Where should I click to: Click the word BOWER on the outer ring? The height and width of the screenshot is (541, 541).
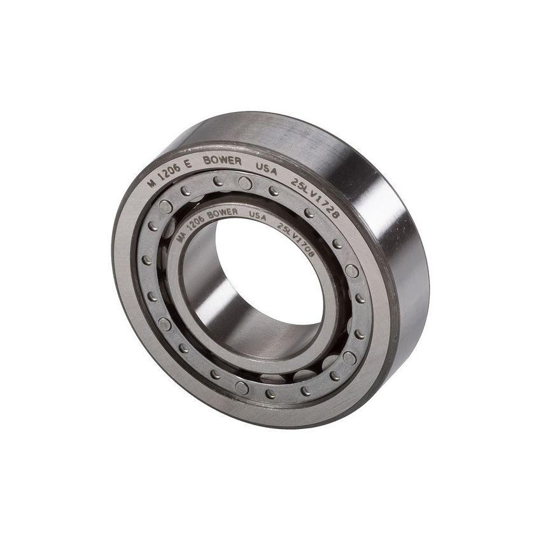pos(222,160)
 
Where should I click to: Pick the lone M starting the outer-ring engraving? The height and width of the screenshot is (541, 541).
pos(151,181)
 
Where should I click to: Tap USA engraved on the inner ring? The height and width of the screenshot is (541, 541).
pos(257,216)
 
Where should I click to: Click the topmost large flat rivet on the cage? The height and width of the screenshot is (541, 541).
pos(245,183)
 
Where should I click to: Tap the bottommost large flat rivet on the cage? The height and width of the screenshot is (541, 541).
pos(242,388)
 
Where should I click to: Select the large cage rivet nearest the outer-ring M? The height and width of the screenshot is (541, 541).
pos(165,206)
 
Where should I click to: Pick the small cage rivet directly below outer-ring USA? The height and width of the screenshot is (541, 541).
pos(274,190)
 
